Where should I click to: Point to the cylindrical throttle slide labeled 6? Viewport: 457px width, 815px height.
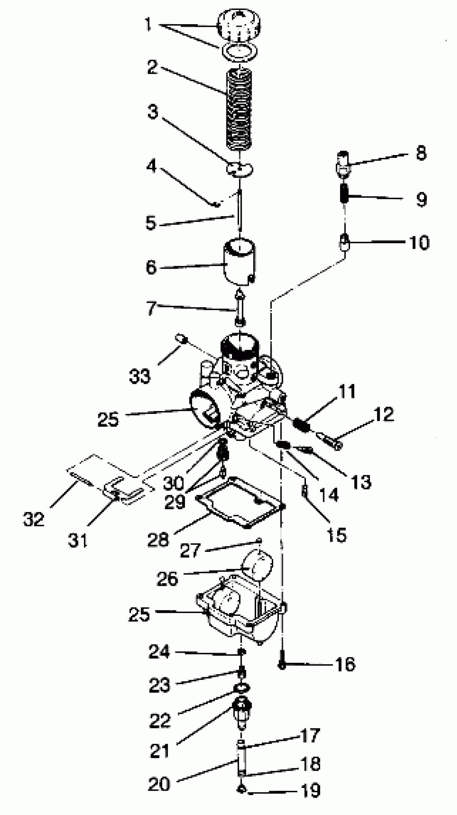tap(239, 261)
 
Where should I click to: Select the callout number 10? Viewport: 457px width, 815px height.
tap(419, 243)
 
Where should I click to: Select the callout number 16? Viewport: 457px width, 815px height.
tap(345, 664)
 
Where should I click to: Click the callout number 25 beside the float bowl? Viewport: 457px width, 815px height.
tap(139, 614)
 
